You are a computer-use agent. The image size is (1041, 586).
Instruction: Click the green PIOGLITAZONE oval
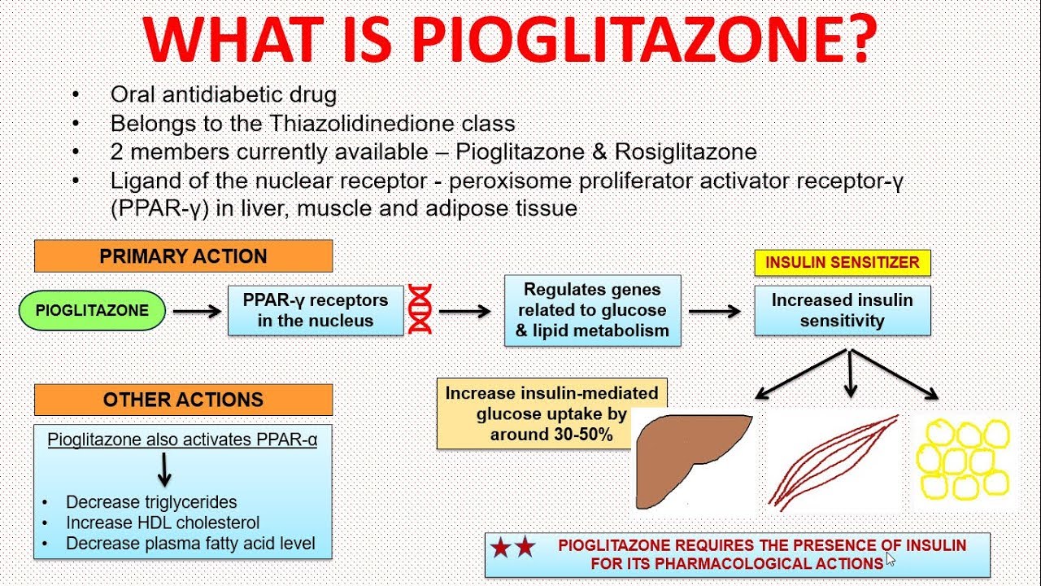click(x=92, y=310)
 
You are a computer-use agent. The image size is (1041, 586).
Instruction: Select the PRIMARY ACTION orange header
click(x=184, y=256)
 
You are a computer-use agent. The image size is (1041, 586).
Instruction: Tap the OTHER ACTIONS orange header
click(x=184, y=400)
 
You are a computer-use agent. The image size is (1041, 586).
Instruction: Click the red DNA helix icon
click(x=420, y=309)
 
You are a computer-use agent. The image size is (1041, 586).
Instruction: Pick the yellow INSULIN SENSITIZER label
click(x=842, y=263)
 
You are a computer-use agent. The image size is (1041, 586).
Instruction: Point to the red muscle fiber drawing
click(x=832, y=463)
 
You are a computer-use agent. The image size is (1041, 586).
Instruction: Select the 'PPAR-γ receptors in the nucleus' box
click(x=316, y=310)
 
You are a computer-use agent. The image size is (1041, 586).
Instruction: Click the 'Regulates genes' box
click(x=593, y=310)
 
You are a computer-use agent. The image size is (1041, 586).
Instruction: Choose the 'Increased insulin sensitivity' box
click(x=842, y=310)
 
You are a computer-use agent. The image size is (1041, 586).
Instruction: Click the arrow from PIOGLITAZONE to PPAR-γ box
click(x=197, y=311)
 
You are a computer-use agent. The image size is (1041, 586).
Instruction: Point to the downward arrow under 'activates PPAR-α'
click(x=164, y=470)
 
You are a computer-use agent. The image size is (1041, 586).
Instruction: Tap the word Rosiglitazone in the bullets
click(x=686, y=152)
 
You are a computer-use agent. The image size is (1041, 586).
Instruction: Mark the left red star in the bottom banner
click(x=501, y=548)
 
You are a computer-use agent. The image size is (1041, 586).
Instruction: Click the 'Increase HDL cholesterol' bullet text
click(x=163, y=523)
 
